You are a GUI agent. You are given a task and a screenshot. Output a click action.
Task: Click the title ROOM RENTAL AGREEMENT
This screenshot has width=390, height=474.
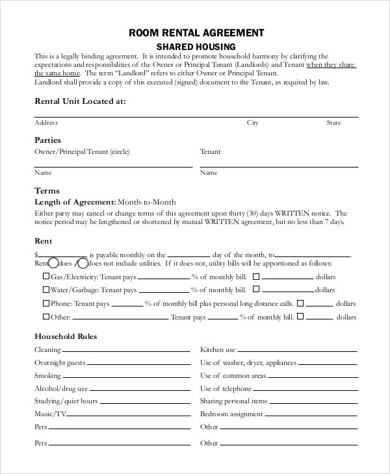(196, 32)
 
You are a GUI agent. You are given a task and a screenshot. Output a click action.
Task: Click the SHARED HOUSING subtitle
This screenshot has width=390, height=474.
(196, 46)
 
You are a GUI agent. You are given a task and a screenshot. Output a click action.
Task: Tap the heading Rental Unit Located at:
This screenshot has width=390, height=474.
(80, 101)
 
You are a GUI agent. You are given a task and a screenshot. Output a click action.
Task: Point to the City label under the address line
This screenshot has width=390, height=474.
(252, 122)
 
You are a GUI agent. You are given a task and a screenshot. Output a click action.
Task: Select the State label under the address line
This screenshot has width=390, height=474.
(333, 122)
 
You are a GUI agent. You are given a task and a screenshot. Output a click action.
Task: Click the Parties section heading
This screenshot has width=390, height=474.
(47, 140)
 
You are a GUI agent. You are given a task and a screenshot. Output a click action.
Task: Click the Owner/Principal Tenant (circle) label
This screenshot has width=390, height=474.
(82, 152)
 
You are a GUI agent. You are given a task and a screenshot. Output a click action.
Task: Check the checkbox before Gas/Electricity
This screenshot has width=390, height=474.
(45, 275)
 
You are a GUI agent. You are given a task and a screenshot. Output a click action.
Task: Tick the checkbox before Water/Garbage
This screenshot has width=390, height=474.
(45, 289)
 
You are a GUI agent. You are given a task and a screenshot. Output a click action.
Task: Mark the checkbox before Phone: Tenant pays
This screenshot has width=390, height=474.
(45, 303)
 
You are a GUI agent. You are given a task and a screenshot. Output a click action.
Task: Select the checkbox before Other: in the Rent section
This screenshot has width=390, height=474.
(45, 317)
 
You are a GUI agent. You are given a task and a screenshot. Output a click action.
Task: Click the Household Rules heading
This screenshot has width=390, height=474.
(65, 336)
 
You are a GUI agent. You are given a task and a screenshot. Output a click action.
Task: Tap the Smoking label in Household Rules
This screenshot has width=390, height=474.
(47, 376)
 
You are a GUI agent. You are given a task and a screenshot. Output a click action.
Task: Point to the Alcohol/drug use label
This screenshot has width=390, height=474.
(60, 389)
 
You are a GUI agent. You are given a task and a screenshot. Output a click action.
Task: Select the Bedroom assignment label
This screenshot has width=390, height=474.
(231, 414)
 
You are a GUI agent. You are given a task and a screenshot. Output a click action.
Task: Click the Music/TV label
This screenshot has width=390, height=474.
(50, 414)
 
